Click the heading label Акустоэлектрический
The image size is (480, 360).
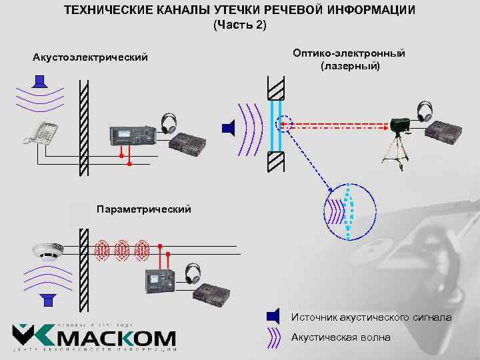click(90, 57)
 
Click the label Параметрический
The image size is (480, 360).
click(143, 209)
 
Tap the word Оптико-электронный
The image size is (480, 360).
click(349, 53)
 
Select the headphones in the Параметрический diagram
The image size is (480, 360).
click(193, 272)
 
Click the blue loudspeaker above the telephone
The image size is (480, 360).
click(40, 83)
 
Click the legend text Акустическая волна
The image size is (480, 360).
click(341, 337)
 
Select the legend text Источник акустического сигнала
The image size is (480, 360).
click(371, 317)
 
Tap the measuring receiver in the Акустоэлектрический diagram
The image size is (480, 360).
click(133, 135)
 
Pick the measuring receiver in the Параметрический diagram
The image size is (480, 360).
click(160, 282)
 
